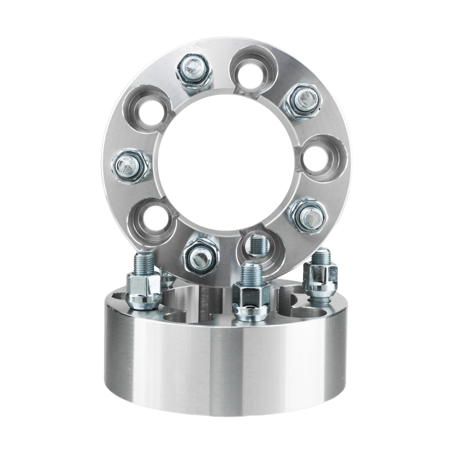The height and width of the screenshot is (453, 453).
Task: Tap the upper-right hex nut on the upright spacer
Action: (303, 100)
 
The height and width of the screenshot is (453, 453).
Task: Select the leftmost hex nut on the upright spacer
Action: (130, 166)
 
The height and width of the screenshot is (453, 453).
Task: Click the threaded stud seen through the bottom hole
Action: (259, 246)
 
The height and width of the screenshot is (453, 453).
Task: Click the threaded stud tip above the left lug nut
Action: (144, 262)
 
